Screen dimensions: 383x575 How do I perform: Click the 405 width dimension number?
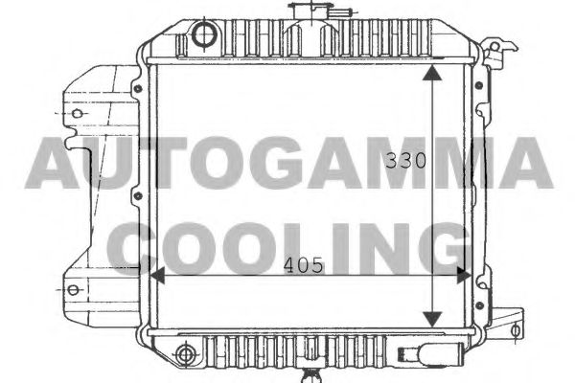coord(304,267)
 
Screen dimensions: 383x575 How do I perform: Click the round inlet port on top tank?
coord(204,36)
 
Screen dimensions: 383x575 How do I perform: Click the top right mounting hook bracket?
coord(493,52)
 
